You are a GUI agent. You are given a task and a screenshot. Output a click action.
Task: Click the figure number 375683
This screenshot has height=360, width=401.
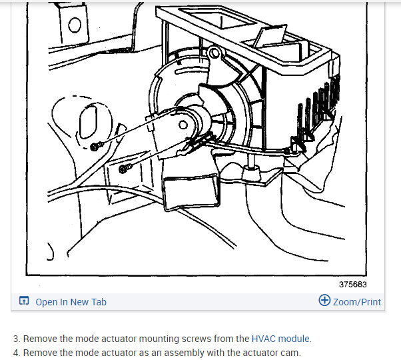pos(352,284)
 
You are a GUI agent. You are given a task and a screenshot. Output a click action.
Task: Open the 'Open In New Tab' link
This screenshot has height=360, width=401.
pos(71,302)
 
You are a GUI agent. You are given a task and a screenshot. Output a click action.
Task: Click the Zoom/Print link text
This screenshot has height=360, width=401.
pos(357,302)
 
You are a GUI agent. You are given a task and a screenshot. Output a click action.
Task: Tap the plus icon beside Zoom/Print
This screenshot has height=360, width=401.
pos(324,301)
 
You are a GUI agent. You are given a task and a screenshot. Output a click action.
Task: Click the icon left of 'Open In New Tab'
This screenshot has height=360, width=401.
pos(24,302)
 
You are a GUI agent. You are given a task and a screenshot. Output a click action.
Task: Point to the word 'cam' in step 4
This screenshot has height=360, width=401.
pos(290,353)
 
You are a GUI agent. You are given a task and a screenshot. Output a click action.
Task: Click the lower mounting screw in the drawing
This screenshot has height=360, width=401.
pos(123,169)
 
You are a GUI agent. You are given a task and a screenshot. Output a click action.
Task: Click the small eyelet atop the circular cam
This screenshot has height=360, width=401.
pos(213,52)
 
